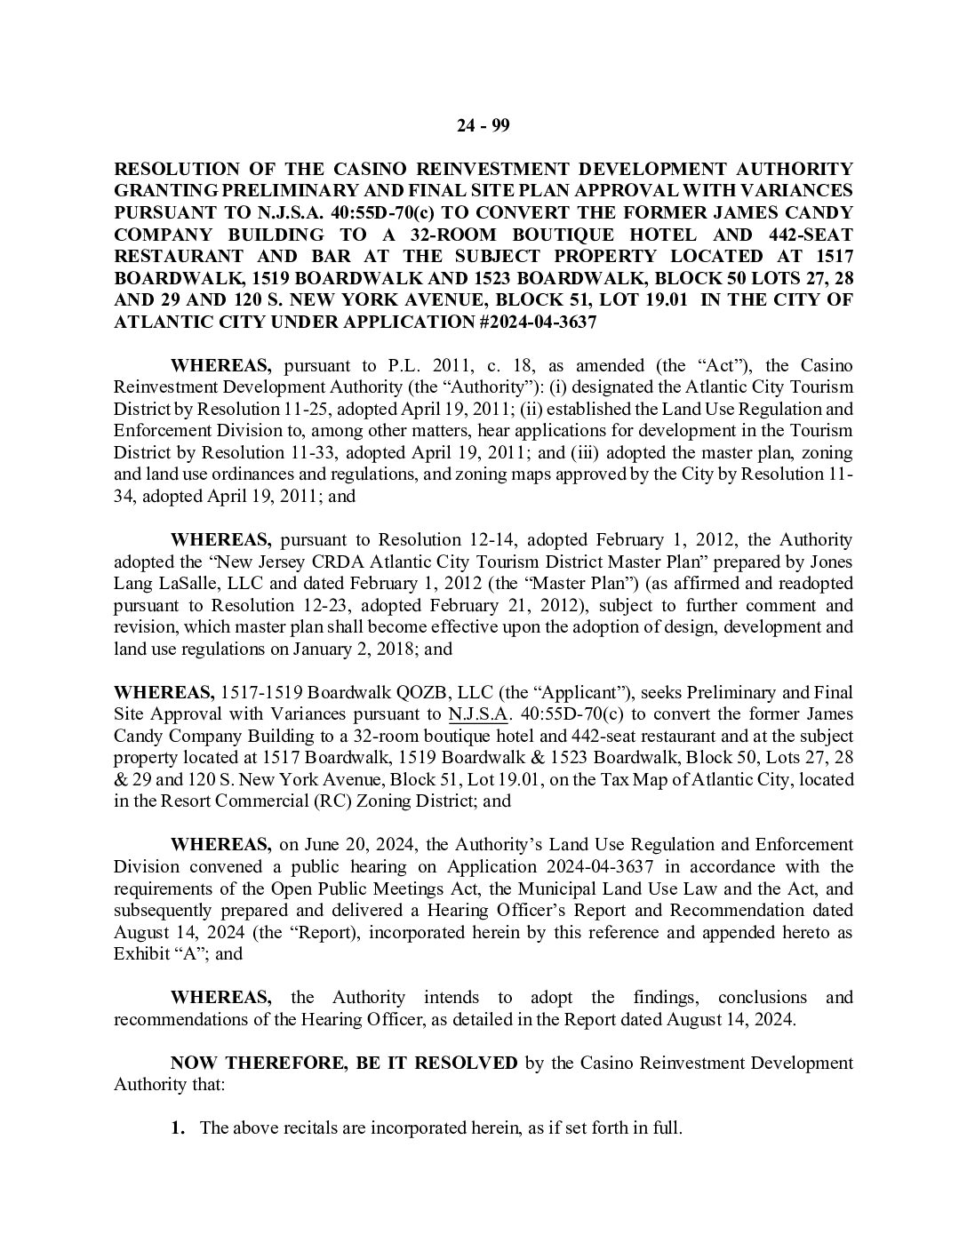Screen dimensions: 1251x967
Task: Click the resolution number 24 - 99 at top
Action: pyautogui.click(x=483, y=125)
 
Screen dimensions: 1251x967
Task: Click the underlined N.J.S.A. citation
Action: pyautogui.click(x=477, y=714)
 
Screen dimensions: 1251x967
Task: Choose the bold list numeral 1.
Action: pyautogui.click(x=178, y=1128)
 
